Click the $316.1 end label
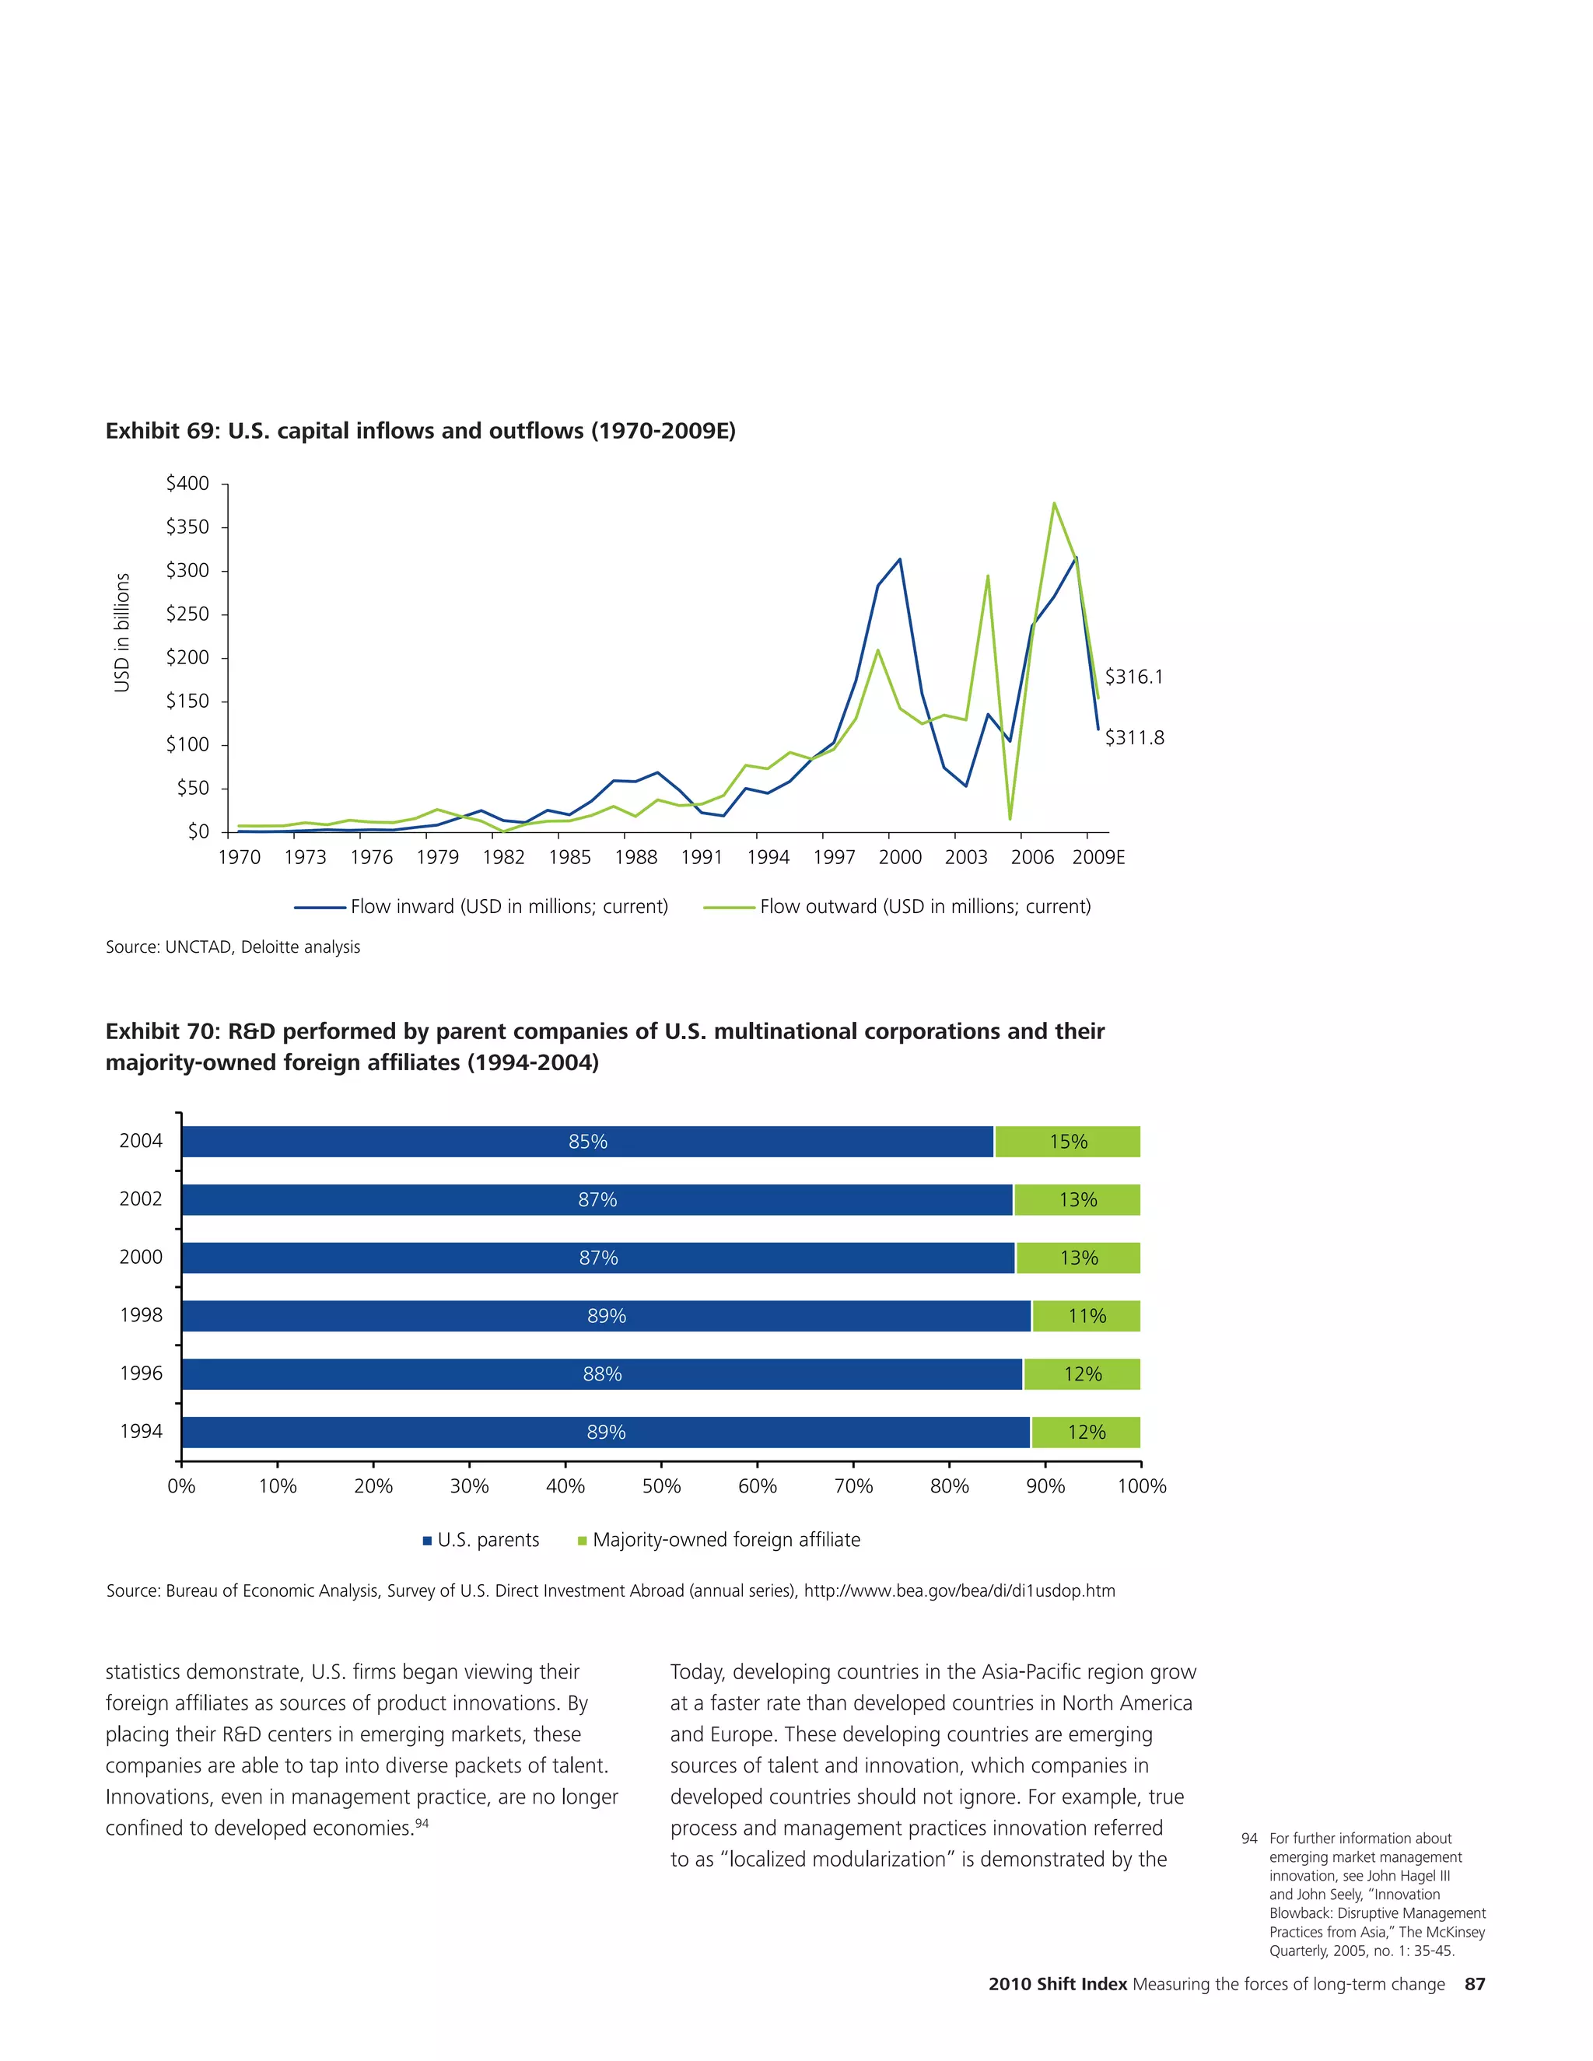click(x=1133, y=677)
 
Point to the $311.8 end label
click(x=1133, y=738)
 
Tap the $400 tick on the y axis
click(x=187, y=483)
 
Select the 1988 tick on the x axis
click(x=635, y=857)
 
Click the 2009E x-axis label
click(x=1098, y=857)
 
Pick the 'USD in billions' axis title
click(x=122, y=632)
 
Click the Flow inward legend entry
click(x=481, y=907)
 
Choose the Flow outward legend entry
click(x=898, y=907)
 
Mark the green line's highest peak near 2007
click(x=1053, y=503)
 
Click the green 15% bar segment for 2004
click(x=1067, y=1142)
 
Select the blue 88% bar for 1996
click(x=601, y=1374)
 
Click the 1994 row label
click(x=141, y=1432)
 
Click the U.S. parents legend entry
click(x=481, y=1540)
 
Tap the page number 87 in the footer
click(x=1474, y=1984)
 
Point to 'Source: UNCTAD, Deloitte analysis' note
click(x=233, y=947)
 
